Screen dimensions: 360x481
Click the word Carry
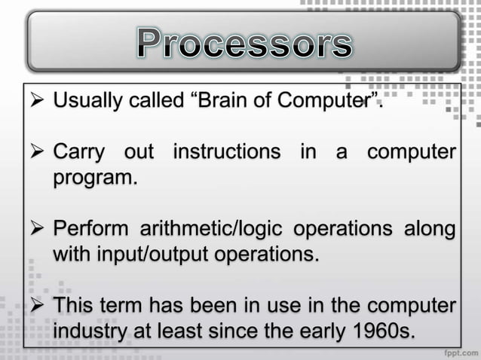click(78, 152)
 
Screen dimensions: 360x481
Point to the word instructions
click(226, 152)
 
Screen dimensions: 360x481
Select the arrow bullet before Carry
click(35, 153)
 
